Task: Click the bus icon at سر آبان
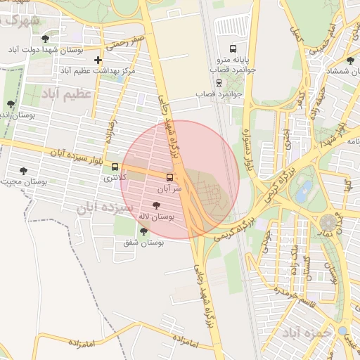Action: pyautogui.click(x=169, y=177)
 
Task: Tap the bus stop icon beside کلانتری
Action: pyautogui.click(x=115, y=167)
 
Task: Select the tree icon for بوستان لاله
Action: pyautogui.click(x=155, y=205)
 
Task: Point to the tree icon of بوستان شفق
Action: pyautogui.click(x=144, y=231)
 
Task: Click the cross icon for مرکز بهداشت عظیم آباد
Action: pyautogui.click(x=98, y=60)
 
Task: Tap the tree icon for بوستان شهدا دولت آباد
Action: pyautogui.click(x=46, y=39)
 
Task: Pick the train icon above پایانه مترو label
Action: pyautogui.click(x=220, y=28)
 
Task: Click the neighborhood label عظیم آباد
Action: pyautogui.click(x=67, y=94)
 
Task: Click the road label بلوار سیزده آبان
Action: pyautogui.click(x=79, y=155)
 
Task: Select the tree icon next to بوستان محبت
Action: pyautogui.click(x=23, y=171)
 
